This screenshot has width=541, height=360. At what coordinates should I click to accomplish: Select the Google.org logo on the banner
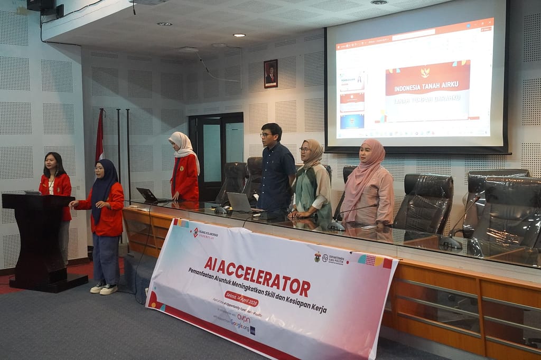(240, 325)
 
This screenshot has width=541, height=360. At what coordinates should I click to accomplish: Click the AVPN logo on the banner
(244, 318)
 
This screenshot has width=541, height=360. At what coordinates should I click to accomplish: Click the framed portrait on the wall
(270, 73)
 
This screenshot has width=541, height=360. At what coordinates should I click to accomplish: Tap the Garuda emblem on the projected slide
(425, 72)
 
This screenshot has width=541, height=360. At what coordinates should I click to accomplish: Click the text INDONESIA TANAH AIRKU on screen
(427, 86)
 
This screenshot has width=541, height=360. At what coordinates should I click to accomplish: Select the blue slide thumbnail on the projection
(351, 121)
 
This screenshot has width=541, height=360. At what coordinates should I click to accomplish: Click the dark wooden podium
(39, 240)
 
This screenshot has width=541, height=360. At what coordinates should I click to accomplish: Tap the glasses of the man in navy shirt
(267, 135)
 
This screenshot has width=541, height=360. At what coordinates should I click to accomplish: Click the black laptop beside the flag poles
(147, 195)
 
